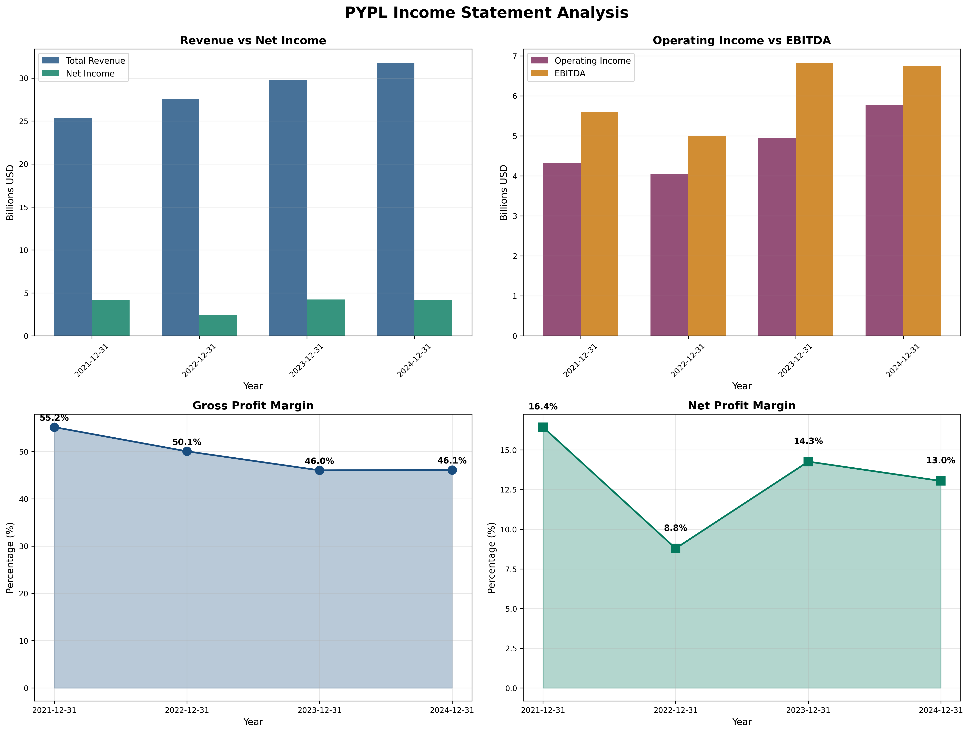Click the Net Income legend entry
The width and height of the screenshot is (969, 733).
[90, 74]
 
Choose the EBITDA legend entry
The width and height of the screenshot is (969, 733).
[569, 74]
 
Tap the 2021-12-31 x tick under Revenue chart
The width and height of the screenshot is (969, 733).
[92, 361]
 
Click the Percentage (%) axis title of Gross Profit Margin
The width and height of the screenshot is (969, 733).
[11, 557]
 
